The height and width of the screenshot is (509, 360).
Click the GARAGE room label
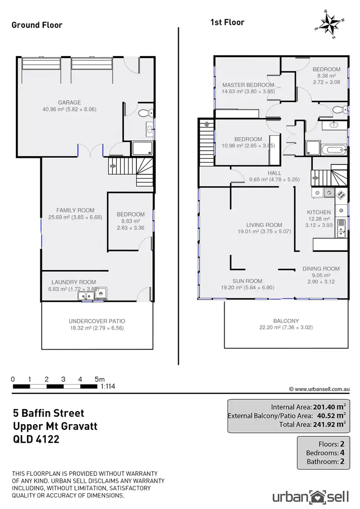pyautogui.click(x=70, y=102)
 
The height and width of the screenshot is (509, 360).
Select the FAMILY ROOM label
pyautogui.click(x=75, y=210)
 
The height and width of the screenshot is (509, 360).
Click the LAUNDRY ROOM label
pyautogui.click(x=74, y=282)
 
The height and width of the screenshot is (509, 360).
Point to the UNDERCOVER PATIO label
pyautogui.click(x=97, y=321)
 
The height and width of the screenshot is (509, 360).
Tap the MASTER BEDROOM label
pyautogui.click(x=241, y=85)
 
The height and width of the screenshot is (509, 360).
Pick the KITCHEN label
pyautogui.click(x=319, y=212)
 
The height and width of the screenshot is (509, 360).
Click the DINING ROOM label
pyautogui.click(x=321, y=269)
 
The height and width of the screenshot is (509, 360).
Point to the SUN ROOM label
pyautogui.click(x=247, y=281)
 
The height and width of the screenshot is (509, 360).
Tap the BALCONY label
pyautogui.click(x=286, y=321)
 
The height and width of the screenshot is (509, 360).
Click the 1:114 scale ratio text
pyautogui.click(x=108, y=386)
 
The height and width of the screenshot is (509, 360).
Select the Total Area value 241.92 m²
pyautogui.click(x=329, y=424)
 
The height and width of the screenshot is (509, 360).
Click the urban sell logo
pyautogui.click(x=310, y=495)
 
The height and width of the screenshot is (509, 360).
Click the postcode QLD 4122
pyautogui.click(x=36, y=438)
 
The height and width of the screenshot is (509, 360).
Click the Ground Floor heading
pyautogui.click(x=37, y=24)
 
